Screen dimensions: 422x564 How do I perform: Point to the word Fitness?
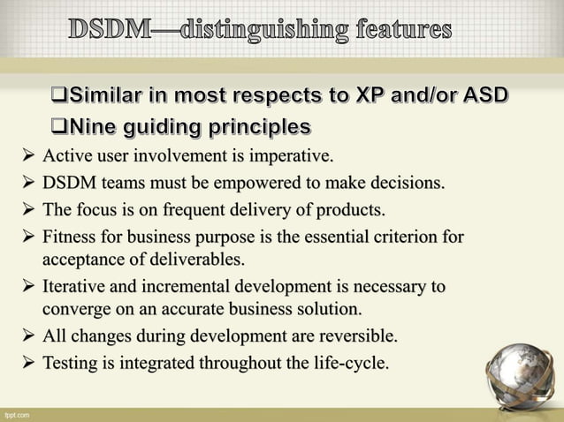(70, 237)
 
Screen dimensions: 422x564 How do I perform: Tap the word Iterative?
(75, 287)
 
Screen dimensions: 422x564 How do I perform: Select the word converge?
(73, 309)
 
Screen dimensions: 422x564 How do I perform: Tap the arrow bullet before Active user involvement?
(29, 158)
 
